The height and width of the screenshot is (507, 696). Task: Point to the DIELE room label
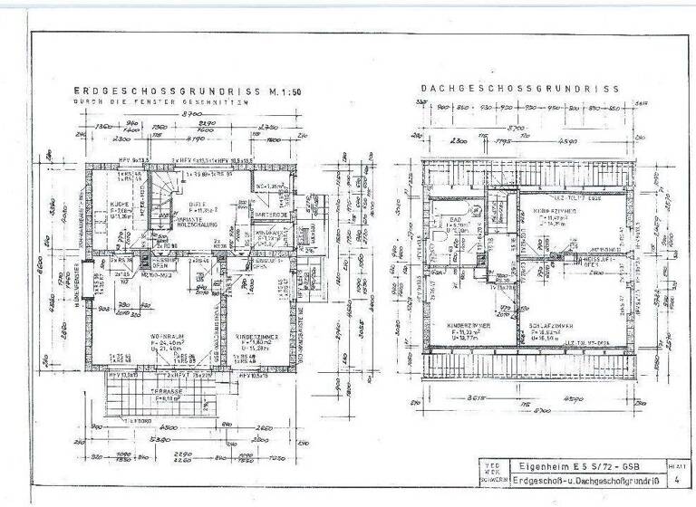(198, 205)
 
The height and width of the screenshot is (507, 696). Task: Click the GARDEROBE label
(270, 215)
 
